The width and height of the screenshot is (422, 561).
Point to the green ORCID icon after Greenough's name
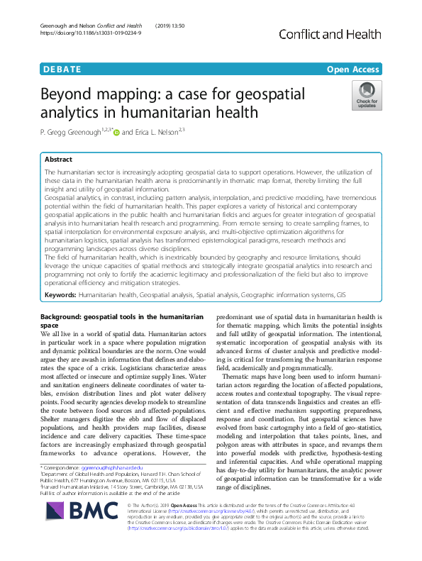pyautogui.click(x=116, y=131)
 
